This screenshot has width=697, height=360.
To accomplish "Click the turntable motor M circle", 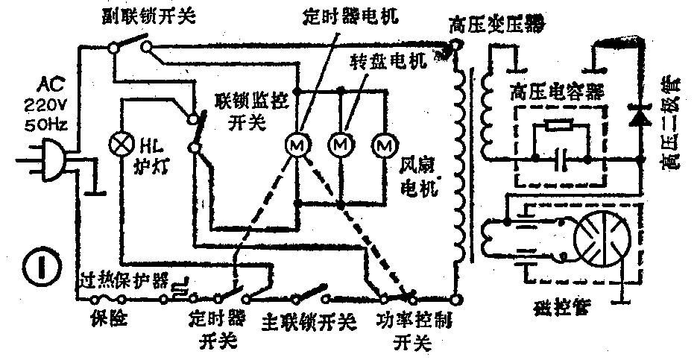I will pos(341,144).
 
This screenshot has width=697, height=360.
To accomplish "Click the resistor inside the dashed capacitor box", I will pos(559,126).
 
